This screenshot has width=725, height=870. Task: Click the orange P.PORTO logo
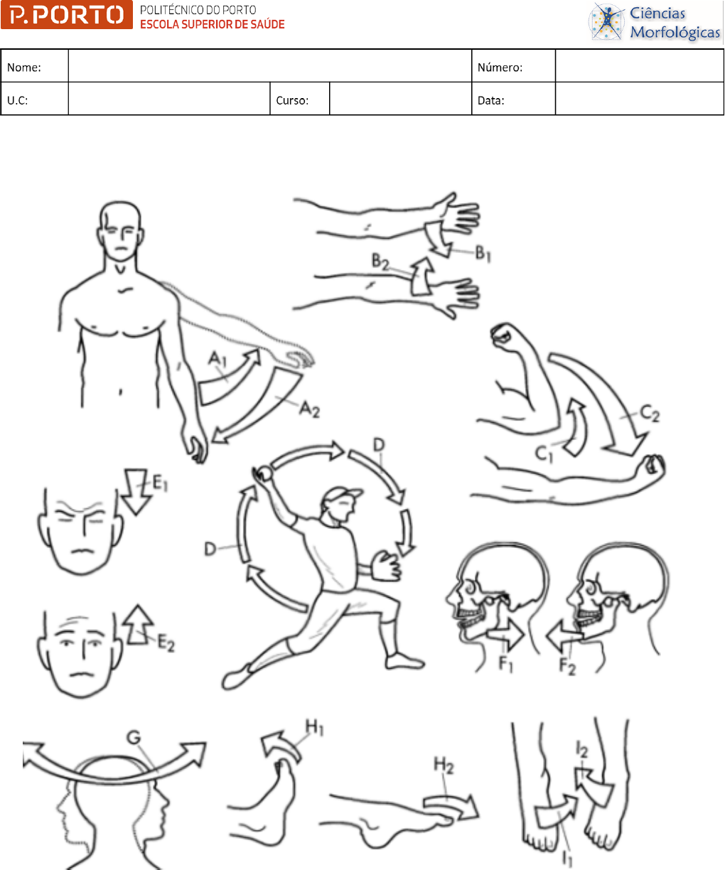tap(67, 15)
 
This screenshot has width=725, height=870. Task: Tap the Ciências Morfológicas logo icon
tap(606, 21)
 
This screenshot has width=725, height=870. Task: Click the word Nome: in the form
tap(24, 68)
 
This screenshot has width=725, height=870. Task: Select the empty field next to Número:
tap(639, 65)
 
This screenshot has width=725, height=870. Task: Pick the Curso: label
tap(292, 100)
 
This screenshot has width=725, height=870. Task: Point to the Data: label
tap(491, 100)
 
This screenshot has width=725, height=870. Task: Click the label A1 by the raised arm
tap(217, 359)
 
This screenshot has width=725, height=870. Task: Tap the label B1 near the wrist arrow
tap(483, 253)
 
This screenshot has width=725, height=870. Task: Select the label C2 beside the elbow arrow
tap(650, 414)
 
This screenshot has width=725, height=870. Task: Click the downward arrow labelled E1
tap(136, 491)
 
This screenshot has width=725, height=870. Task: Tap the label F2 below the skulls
tap(567, 665)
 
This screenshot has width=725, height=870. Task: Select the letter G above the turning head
tap(134, 738)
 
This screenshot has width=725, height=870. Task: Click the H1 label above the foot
tap(315, 728)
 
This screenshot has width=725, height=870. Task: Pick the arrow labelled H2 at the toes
tap(452, 807)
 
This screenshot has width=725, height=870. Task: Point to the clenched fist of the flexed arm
tap(505, 334)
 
